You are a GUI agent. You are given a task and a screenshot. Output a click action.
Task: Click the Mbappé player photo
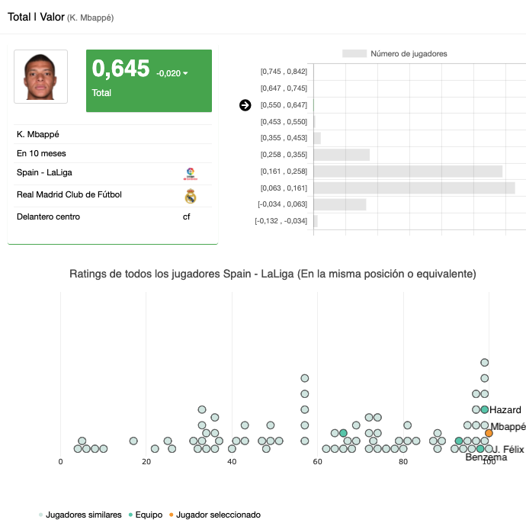point(40,76)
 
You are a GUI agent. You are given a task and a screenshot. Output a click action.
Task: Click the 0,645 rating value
point(120,69)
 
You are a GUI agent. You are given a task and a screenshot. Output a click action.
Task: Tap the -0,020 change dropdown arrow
point(185,74)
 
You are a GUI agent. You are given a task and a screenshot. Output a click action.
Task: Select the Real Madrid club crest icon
point(191,196)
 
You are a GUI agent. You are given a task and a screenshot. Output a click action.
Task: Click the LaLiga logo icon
point(191,174)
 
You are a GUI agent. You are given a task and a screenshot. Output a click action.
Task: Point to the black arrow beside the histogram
point(245,105)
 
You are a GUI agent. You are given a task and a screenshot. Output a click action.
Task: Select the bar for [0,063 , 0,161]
point(414,188)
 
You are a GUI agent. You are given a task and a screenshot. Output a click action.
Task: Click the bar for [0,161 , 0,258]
point(408,172)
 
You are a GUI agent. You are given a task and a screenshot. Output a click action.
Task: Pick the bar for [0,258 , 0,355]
point(342,155)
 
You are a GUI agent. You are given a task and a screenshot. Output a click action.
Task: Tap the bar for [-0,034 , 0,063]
point(340,204)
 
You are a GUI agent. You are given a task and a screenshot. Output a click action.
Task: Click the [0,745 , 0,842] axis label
point(284,72)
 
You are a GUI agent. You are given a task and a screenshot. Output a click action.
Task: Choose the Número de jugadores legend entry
point(395,54)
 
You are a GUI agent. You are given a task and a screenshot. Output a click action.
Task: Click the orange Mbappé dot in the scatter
point(489,433)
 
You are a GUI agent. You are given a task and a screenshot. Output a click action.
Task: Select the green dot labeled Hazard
point(484,409)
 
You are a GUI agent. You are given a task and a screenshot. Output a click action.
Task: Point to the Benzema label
point(486,457)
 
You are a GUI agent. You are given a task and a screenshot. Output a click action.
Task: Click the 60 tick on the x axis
point(317,461)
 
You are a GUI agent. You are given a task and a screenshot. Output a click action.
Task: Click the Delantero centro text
point(48,217)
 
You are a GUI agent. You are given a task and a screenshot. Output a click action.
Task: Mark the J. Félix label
point(508,449)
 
